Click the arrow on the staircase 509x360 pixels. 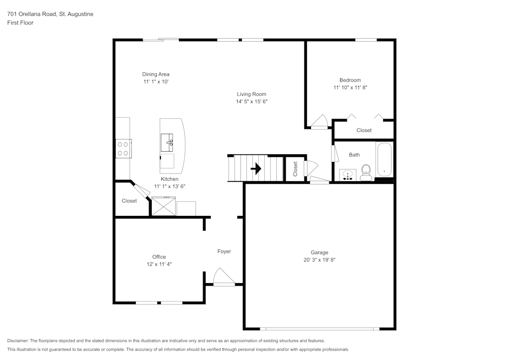[x=256, y=169]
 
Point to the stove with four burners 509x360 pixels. [x=123, y=148]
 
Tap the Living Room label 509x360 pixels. [x=251, y=94]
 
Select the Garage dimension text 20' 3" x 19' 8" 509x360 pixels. [x=320, y=260]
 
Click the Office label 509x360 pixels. [x=159, y=257]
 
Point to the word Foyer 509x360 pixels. [x=224, y=252]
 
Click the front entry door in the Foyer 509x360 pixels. [x=223, y=278]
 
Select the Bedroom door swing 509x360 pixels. [x=320, y=122]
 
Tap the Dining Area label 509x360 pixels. [x=156, y=74]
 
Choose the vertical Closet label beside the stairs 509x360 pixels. [x=295, y=169]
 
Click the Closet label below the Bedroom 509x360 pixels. [x=364, y=130]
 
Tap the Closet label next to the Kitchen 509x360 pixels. [x=129, y=201]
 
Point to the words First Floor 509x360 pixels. [x=20, y=23]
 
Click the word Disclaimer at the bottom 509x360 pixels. [x=18, y=341]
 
